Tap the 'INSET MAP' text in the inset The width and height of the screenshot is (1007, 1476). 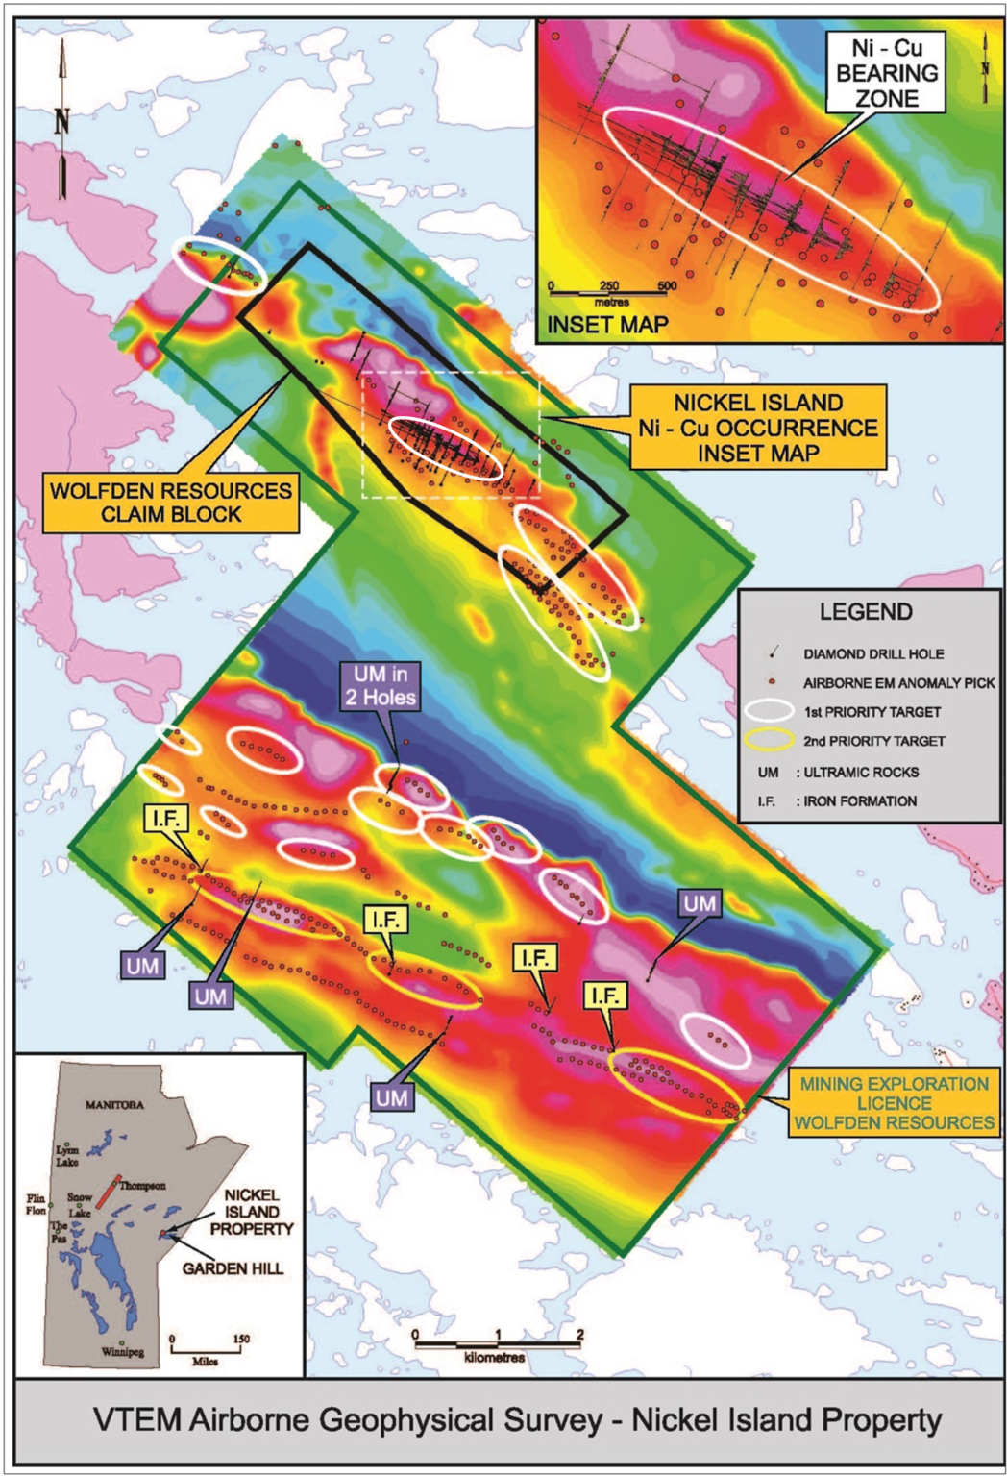pyautogui.click(x=606, y=325)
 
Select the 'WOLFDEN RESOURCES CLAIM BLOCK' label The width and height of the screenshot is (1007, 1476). pyautogui.click(x=172, y=503)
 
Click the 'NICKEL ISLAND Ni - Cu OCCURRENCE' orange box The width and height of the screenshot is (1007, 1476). pyautogui.click(x=757, y=428)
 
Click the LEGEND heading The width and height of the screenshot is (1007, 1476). pyautogui.click(x=866, y=612)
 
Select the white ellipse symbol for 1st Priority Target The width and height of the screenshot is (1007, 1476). pyautogui.click(x=770, y=712)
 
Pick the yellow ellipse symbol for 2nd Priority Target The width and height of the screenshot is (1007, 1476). pyautogui.click(x=770, y=741)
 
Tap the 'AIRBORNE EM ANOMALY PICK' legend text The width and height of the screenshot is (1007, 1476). pyautogui.click(x=898, y=683)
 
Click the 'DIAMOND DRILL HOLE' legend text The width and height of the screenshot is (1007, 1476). pyautogui.click(x=873, y=654)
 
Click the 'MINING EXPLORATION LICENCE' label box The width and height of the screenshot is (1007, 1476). pyautogui.click(x=894, y=1103)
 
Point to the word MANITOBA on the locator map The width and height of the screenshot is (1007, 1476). pyautogui.click(x=114, y=1105)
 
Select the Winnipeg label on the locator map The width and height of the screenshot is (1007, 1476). pyautogui.click(x=122, y=1352)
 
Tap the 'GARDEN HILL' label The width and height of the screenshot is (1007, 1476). pyautogui.click(x=233, y=1268)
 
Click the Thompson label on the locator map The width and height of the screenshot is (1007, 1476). pyautogui.click(x=142, y=1186)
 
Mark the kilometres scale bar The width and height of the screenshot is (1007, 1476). pyautogui.click(x=497, y=1344)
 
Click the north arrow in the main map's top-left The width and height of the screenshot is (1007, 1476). pyautogui.click(x=62, y=120)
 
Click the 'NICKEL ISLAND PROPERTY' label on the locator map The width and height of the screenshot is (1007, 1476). pyautogui.click(x=252, y=1212)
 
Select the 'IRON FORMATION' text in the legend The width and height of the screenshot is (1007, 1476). pyautogui.click(x=860, y=800)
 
